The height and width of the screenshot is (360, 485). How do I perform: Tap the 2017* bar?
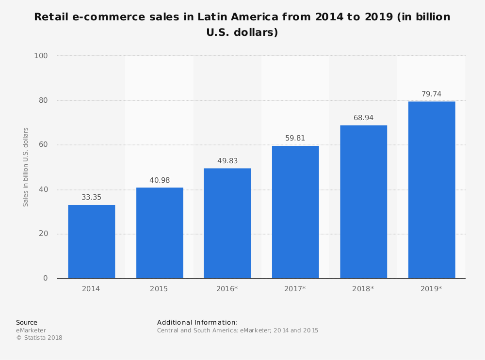295,212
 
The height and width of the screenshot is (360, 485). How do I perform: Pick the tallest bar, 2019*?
432,189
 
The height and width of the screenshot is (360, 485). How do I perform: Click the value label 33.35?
91,198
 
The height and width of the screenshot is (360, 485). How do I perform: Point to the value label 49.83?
227,161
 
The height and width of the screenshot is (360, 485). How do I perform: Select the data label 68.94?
363,118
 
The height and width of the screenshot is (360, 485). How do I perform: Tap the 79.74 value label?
432,94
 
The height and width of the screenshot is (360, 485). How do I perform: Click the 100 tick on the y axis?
41,56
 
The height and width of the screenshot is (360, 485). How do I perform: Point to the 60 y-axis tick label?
43,145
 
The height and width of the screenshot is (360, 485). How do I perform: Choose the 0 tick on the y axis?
45,278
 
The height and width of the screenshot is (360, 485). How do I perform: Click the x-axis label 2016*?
227,289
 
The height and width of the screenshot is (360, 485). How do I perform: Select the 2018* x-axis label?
363,289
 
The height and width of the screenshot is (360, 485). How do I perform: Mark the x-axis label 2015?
159,289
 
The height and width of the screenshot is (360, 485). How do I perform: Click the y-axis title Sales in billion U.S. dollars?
26,167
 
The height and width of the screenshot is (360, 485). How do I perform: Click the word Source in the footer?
27,322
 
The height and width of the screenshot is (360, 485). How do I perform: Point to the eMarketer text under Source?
31,330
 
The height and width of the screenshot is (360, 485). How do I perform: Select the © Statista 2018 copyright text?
39,338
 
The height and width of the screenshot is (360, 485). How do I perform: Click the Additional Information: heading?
197,322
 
